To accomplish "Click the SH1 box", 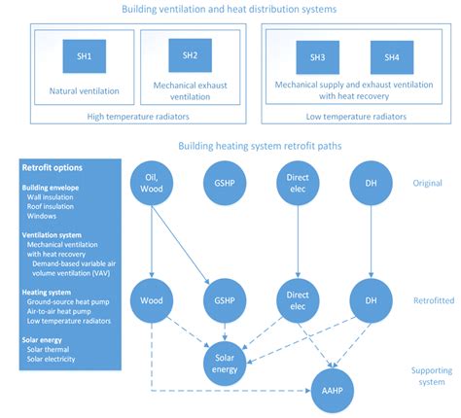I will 85,57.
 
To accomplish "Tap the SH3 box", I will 317,57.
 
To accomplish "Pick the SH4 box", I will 391,57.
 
